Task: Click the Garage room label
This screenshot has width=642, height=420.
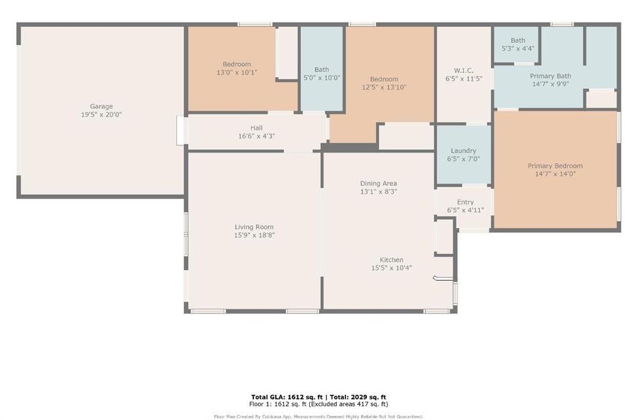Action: pos(101,107)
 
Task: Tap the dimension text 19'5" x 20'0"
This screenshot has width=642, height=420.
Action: pos(101,115)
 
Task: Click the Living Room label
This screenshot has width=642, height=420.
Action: pos(254,227)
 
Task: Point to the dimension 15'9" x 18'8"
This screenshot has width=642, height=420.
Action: pos(254,235)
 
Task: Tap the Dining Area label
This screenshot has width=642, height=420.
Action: pos(378,183)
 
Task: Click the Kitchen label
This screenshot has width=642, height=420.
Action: pos(391,260)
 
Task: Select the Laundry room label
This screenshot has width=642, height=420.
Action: pos(463,150)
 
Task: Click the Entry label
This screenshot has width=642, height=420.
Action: pos(465,202)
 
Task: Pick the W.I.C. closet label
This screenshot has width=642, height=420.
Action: pos(463,70)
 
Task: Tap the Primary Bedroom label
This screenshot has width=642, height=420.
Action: pos(555,165)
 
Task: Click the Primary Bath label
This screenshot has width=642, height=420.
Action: pos(550,76)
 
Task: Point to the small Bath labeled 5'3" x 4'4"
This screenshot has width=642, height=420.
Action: pos(518,40)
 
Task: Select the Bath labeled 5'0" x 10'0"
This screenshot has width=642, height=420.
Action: pos(322,70)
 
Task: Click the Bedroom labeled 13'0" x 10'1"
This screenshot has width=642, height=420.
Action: pos(236,64)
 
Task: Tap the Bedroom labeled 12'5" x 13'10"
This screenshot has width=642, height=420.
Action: pos(384,79)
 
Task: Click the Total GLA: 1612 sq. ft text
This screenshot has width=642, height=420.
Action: pos(287,397)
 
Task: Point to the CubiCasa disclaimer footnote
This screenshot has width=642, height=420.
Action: pos(318,416)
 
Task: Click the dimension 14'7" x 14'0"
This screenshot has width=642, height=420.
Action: pos(555,174)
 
